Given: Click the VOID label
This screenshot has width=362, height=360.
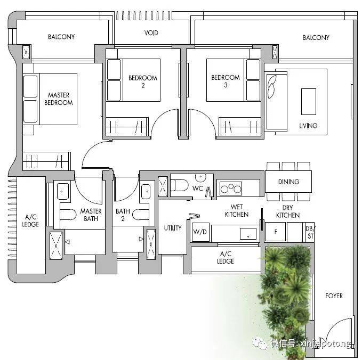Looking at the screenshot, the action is click(151, 32).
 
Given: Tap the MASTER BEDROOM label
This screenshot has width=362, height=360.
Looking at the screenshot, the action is click(59, 99).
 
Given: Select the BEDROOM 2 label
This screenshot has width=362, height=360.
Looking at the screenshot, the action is click(143, 81).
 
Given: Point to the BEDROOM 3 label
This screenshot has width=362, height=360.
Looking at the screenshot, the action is click(226, 81).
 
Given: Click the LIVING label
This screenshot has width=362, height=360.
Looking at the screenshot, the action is click(308, 126).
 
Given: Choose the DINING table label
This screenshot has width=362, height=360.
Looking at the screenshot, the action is click(288, 182).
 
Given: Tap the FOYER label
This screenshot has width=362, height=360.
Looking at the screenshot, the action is click(334, 296).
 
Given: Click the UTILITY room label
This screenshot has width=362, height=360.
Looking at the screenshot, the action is click(173, 228).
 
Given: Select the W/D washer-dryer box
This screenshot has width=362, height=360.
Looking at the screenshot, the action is click(200, 232).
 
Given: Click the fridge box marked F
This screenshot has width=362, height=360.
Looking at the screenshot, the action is click(276, 232).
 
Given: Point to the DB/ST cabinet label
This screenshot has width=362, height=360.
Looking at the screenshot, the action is click(310, 232).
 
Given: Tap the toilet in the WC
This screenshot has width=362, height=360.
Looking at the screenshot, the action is click(180, 185).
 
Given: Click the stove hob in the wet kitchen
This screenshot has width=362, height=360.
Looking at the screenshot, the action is click(231, 189).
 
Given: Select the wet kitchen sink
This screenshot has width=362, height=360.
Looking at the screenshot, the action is click(248, 234).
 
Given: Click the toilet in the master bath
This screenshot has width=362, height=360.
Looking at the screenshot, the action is click(68, 215).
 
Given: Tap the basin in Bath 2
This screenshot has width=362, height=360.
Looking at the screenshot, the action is click(146, 192).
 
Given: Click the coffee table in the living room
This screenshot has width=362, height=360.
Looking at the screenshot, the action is click(309, 102).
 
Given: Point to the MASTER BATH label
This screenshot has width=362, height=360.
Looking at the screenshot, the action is click(91, 215).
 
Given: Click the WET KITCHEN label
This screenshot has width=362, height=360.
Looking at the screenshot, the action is click(237, 210).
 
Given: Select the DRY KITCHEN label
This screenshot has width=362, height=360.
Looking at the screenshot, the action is click(288, 211).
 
